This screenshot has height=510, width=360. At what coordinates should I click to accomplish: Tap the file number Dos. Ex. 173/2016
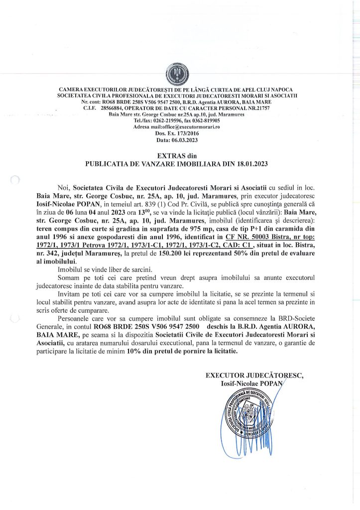pyautogui.click(x=180, y=133)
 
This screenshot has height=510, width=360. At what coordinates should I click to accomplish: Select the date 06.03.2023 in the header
pyautogui.click(x=180, y=140)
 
